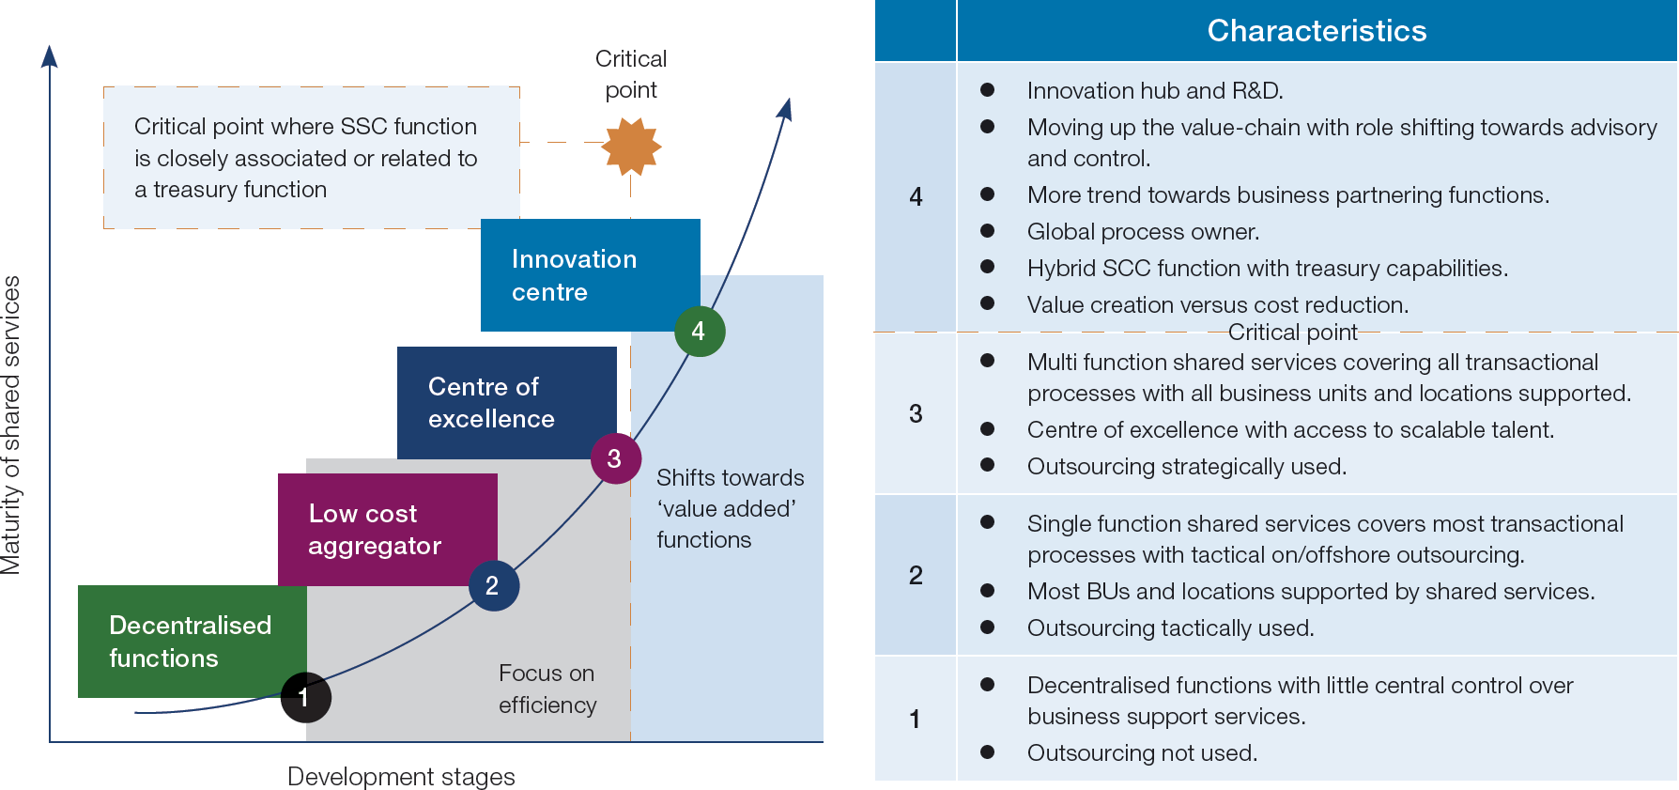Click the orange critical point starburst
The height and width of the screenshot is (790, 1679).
click(x=631, y=147)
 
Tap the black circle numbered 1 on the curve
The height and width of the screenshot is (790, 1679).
click(x=305, y=697)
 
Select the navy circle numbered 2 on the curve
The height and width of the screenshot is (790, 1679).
click(x=493, y=585)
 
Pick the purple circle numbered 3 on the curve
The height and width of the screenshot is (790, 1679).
click(x=615, y=458)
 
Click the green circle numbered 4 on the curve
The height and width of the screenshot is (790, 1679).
click(x=700, y=331)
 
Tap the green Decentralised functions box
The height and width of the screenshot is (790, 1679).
click(x=192, y=642)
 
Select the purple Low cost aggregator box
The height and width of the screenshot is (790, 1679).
click(x=387, y=530)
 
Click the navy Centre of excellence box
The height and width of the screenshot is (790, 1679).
click(x=506, y=403)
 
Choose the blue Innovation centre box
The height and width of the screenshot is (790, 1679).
click(x=590, y=275)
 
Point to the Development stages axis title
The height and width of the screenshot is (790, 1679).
click(x=401, y=777)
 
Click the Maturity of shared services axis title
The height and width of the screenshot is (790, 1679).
click(x=11, y=425)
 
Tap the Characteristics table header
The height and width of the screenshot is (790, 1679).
click(x=1317, y=31)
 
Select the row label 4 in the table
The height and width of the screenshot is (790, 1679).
click(x=916, y=197)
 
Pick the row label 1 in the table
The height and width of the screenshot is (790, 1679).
click(x=915, y=720)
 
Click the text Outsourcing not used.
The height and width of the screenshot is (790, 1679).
click(x=1142, y=753)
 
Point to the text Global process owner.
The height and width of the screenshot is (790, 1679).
click(x=1143, y=232)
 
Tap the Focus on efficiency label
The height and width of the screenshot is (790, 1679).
click(x=547, y=689)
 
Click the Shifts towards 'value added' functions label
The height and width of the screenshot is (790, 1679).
click(x=730, y=508)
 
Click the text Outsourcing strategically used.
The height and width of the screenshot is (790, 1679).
click(x=1186, y=467)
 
